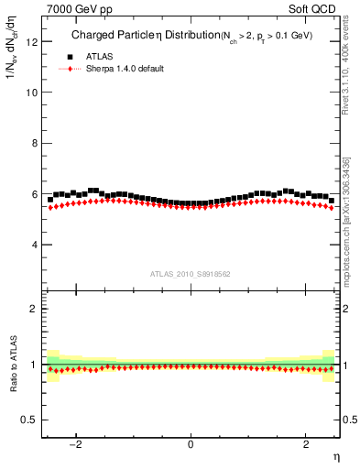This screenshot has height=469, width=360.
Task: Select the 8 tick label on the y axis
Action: (x=35, y=143)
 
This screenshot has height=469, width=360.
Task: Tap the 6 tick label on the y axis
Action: (x=35, y=194)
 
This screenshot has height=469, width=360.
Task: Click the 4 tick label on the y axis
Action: (x=35, y=245)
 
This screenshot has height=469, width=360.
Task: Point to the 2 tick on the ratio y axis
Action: (x=35, y=309)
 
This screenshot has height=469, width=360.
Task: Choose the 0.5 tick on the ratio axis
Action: (x=30, y=420)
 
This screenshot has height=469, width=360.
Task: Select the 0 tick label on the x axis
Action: (x=191, y=444)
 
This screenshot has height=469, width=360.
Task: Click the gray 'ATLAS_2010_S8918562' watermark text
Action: (x=190, y=274)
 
